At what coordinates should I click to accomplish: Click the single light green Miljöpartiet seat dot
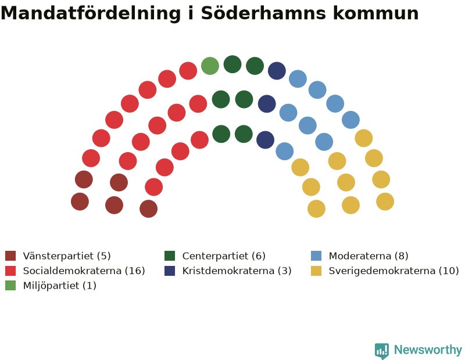210,66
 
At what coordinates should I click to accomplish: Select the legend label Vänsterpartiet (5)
67,255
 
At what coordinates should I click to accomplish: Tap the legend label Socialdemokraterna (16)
84,271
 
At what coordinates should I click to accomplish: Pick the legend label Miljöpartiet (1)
60,286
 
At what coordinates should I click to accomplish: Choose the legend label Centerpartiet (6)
224,255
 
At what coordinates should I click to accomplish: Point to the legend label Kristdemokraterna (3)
237,271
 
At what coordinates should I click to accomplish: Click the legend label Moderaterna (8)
369,255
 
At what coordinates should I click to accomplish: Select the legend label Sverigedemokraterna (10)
394,271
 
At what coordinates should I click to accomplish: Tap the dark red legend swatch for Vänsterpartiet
10,255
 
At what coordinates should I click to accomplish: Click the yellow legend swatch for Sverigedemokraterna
316,271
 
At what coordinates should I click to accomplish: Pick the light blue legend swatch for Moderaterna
316,255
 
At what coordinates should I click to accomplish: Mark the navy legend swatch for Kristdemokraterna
170,271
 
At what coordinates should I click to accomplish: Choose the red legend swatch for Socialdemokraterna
10,271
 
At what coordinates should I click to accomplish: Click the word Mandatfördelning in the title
91,13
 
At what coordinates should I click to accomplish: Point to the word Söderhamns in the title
264,13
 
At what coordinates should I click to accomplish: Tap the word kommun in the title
375,13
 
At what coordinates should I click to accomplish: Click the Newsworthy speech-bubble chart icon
382,351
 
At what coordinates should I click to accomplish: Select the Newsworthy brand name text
428,350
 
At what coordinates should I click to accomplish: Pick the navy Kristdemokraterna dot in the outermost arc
277,71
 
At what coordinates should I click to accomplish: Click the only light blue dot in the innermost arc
285,151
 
